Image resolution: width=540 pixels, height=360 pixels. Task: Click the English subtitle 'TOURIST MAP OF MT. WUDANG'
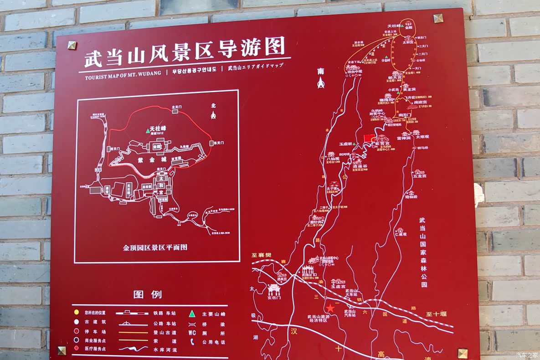pyautogui.click(x=123, y=77)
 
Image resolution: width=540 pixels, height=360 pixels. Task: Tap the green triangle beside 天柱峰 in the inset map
pyautogui.click(x=147, y=131)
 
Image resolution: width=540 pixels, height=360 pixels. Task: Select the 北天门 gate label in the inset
pyautogui.click(x=177, y=108)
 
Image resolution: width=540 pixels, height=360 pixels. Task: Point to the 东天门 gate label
pyautogui.click(x=219, y=143)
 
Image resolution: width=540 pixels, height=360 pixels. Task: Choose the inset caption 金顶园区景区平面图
pyautogui.click(x=155, y=247)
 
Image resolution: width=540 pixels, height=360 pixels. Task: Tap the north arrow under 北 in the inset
pyautogui.click(x=213, y=115)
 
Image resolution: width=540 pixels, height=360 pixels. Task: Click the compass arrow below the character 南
pyautogui.click(x=321, y=82)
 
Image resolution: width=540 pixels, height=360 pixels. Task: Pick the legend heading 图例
pyautogui.click(x=148, y=294)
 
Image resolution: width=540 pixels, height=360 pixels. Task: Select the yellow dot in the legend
pyautogui.click(x=77, y=313)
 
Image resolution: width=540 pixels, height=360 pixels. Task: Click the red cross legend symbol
pyautogui.click(x=77, y=349)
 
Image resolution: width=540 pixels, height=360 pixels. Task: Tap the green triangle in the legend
pyautogui.click(x=192, y=314)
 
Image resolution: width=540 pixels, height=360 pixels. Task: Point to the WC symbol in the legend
pyautogui.click(x=192, y=333)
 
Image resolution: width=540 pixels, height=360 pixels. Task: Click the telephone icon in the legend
pyautogui.click(x=192, y=342)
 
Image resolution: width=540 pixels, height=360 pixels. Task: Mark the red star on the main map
pyautogui.click(x=330, y=308)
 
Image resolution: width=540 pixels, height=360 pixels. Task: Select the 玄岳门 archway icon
pyautogui.click(x=274, y=289)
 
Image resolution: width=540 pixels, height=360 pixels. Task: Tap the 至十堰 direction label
pyautogui.click(x=437, y=314)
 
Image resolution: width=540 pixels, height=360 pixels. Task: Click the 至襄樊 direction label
pyautogui.click(x=262, y=255)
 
